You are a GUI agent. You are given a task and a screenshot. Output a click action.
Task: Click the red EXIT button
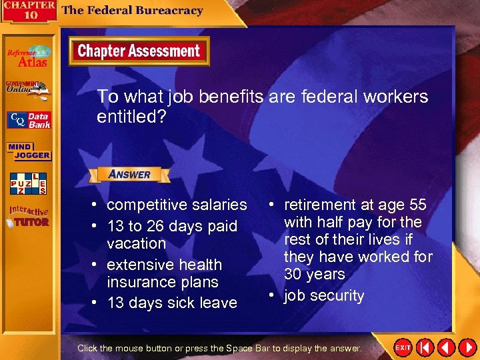(x=403, y=347)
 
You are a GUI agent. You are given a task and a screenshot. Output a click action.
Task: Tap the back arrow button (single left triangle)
(x=445, y=347)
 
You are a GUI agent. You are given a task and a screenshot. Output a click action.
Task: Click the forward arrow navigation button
(x=466, y=347)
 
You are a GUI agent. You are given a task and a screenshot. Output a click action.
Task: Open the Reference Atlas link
(x=28, y=57)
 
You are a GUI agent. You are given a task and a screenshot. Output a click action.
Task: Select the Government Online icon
(x=28, y=90)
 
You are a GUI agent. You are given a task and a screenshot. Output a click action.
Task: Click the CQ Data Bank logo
(x=29, y=121)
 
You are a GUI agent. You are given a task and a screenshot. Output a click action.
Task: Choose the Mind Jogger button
(x=29, y=151)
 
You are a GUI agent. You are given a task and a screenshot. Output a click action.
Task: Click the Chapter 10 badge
(x=28, y=11)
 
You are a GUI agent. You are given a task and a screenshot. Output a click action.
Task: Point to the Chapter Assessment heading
(x=139, y=51)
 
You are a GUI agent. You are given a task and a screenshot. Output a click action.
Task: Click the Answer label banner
(x=129, y=174)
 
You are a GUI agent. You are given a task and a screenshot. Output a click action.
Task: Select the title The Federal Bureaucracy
(x=132, y=11)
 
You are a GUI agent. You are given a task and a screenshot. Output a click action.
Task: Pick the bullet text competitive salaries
(x=177, y=205)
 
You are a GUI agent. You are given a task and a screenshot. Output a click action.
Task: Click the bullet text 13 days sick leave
(x=172, y=303)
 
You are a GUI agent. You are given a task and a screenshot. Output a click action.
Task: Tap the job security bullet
(x=324, y=295)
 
